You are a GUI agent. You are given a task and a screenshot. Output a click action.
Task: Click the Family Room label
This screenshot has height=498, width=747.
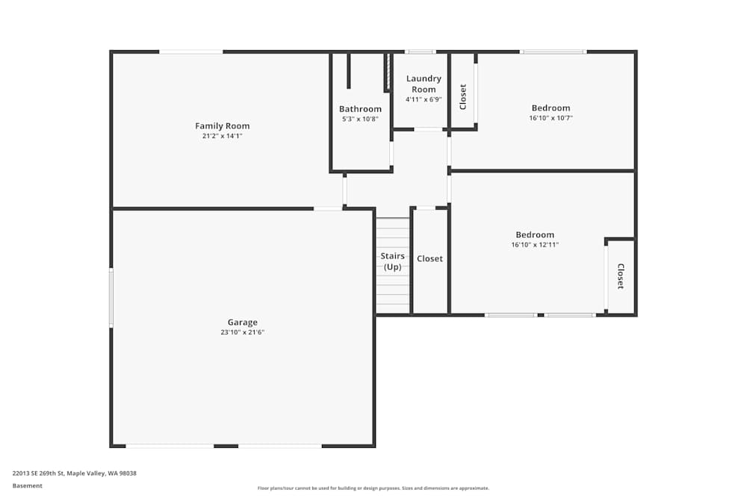pyautogui.click(x=223, y=126)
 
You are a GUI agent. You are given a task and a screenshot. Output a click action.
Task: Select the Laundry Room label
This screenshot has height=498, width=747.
pyautogui.click(x=424, y=84)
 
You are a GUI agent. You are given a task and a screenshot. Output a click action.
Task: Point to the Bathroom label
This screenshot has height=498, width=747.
pyautogui.click(x=360, y=109)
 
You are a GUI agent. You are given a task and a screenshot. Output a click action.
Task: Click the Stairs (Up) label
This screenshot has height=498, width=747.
pyautogui.click(x=392, y=261)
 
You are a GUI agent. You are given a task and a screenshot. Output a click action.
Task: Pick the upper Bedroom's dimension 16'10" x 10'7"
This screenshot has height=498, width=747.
pyautogui.click(x=551, y=118)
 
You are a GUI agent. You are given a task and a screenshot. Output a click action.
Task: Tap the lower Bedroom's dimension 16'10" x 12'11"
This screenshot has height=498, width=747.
pyautogui.click(x=535, y=245)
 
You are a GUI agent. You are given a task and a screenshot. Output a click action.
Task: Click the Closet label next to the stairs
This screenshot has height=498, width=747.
pyautogui.click(x=430, y=259)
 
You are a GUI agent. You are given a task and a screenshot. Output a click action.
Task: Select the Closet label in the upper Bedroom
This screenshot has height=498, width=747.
pyautogui.click(x=463, y=96)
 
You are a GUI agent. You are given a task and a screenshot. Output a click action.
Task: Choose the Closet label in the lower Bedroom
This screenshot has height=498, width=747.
pyautogui.click(x=620, y=276)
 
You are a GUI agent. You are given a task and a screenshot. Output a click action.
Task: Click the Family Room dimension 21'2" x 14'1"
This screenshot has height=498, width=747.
pyautogui.click(x=223, y=137)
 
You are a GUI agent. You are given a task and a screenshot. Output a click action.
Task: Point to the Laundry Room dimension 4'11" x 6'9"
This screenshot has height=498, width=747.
pyautogui.click(x=424, y=99)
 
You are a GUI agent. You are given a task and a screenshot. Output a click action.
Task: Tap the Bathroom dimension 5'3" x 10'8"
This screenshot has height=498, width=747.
pyautogui.click(x=360, y=119)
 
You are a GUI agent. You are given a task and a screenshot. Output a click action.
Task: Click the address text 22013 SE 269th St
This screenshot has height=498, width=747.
pyautogui.click(x=75, y=473)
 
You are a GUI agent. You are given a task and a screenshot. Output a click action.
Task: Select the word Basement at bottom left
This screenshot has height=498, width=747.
pyautogui.click(x=28, y=486)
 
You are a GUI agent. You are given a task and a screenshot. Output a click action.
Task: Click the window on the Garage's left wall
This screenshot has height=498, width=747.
pyautogui.click(x=111, y=298)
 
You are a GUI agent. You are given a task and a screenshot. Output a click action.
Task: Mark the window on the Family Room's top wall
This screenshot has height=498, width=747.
pyautogui.click(x=190, y=52)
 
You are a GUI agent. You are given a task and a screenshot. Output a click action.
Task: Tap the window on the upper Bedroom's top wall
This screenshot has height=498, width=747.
pyautogui.click(x=553, y=52)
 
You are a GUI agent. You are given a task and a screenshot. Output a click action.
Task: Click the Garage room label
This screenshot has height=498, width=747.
pyautogui.click(x=243, y=323)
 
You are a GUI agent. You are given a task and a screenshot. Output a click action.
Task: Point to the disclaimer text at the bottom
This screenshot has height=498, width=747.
pyautogui.click(x=373, y=488)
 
